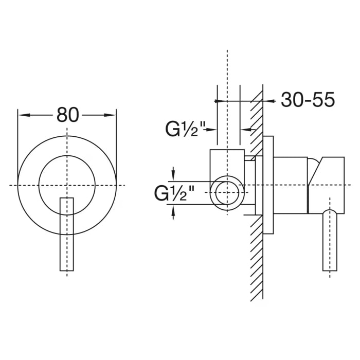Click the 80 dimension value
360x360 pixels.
pyautogui.click(x=67, y=115)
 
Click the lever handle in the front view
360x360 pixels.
pyautogui.click(x=67, y=234)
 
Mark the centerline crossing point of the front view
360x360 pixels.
pyautogui.click(x=67, y=184)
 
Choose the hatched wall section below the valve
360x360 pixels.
pyautogui.click(x=257, y=257)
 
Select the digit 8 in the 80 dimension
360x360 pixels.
pyautogui.click(x=61, y=115)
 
